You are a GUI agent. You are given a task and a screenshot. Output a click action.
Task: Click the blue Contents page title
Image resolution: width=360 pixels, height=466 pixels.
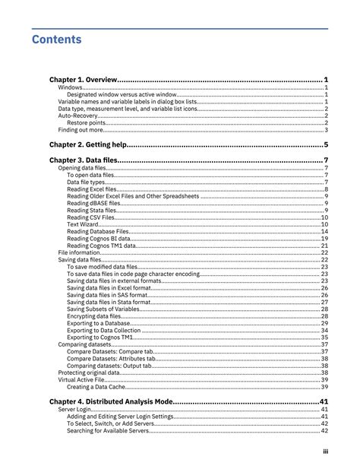[x=57, y=38]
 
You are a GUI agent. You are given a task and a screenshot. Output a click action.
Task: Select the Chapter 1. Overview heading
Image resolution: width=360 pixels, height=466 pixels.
[x=84, y=79]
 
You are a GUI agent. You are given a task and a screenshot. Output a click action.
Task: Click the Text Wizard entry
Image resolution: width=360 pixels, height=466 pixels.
[x=83, y=224]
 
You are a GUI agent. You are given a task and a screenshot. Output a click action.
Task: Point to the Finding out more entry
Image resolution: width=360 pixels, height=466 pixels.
[x=80, y=130]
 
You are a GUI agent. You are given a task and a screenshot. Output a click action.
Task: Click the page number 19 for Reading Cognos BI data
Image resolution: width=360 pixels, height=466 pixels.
[x=324, y=239]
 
